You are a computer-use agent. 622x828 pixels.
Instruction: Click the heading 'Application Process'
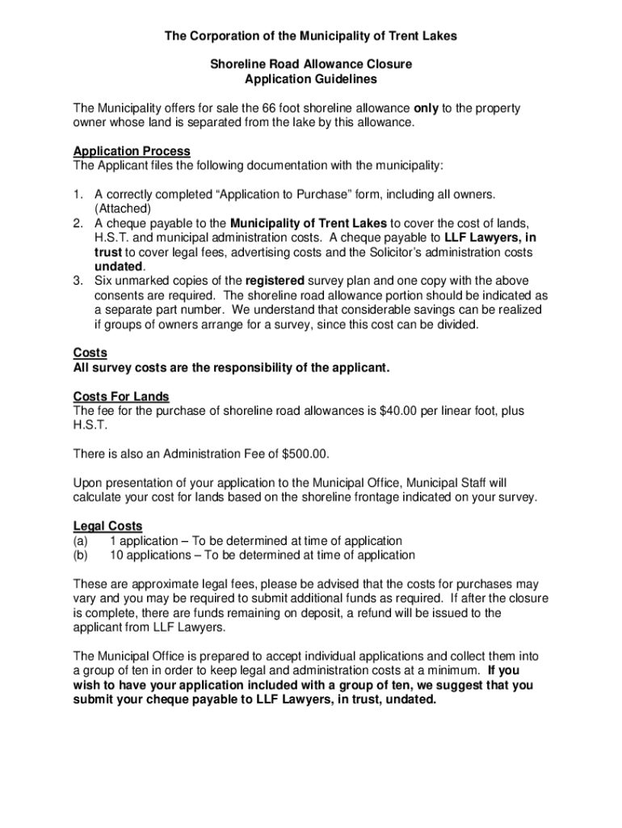click(x=132, y=151)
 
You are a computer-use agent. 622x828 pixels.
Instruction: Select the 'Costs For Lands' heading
click(x=121, y=396)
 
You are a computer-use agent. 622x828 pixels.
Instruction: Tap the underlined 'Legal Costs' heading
click(x=107, y=526)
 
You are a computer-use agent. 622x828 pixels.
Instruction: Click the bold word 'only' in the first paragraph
click(x=427, y=108)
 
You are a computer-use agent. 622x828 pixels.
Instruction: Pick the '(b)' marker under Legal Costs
click(x=80, y=555)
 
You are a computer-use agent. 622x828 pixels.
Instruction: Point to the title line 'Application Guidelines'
click(x=311, y=79)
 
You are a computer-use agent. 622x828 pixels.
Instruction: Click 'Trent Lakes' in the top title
click(x=424, y=36)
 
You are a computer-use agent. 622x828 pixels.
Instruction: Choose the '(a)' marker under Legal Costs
click(x=80, y=540)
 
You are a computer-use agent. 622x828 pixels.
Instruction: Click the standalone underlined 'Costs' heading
click(x=90, y=353)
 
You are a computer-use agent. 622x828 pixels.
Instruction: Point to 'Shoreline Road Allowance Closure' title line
click(x=311, y=65)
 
